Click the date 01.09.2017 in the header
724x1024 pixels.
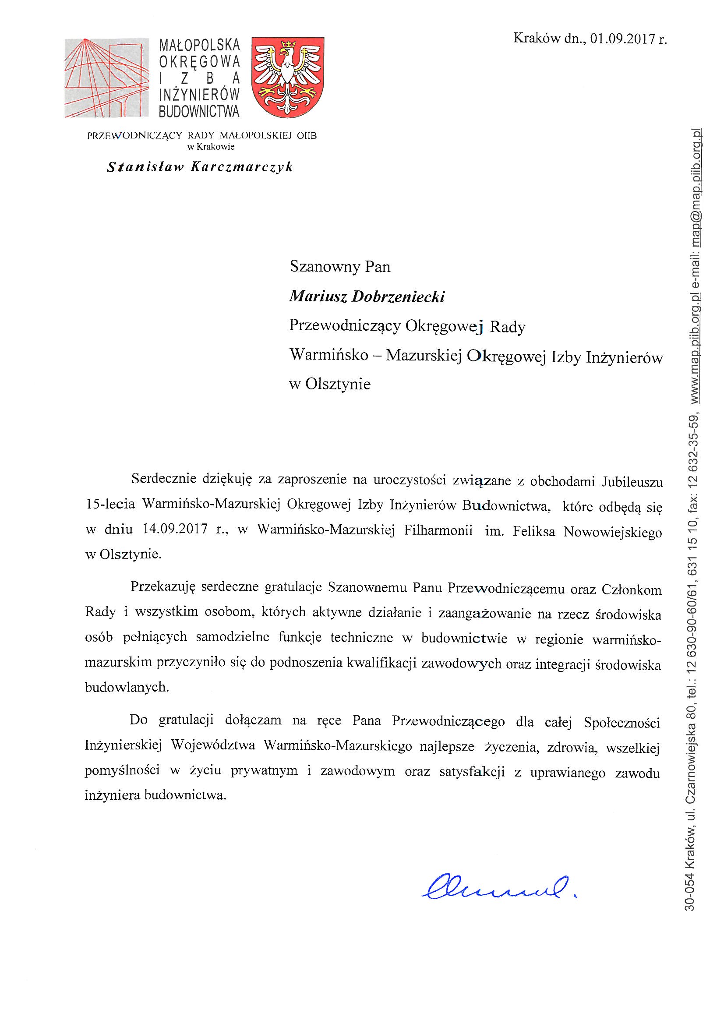pyautogui.click(x=623, y=39)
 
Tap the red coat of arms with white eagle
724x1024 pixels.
pyautogui.click(x=288, y=77)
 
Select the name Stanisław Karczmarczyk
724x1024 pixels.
pyautogui.click(x=200, y=167)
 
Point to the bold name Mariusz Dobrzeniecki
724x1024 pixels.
pyautogui.click(x=367, y=297)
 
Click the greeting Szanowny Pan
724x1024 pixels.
pyautogui.click(x=340, y=267)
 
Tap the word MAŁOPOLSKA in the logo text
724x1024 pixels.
pyautogui.click(x=199, y=45)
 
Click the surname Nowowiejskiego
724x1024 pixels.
pyautogui.click(x=612, y=533)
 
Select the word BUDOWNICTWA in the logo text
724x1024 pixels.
pyautogui.click(x=199, y=111)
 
